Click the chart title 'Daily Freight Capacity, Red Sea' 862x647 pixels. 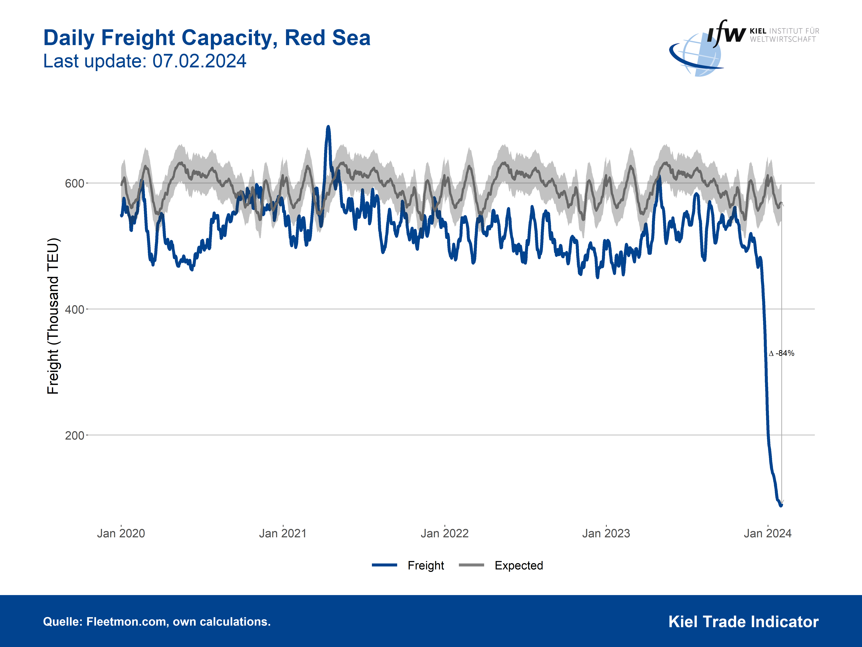(207, 38)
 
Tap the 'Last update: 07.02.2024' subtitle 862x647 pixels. (145, 61)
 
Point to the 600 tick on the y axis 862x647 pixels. (74, 183)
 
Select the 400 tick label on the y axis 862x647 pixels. (74, 310)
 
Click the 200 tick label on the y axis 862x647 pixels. (74, 436)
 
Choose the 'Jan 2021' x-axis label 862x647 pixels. (283, 533)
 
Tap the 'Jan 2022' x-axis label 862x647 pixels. (445, 533)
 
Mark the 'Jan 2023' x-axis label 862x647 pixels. (606, 533)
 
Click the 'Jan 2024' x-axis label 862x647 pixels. (768, 533)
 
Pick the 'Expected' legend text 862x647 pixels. (519, 566)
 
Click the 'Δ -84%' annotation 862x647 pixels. (782, 353)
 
